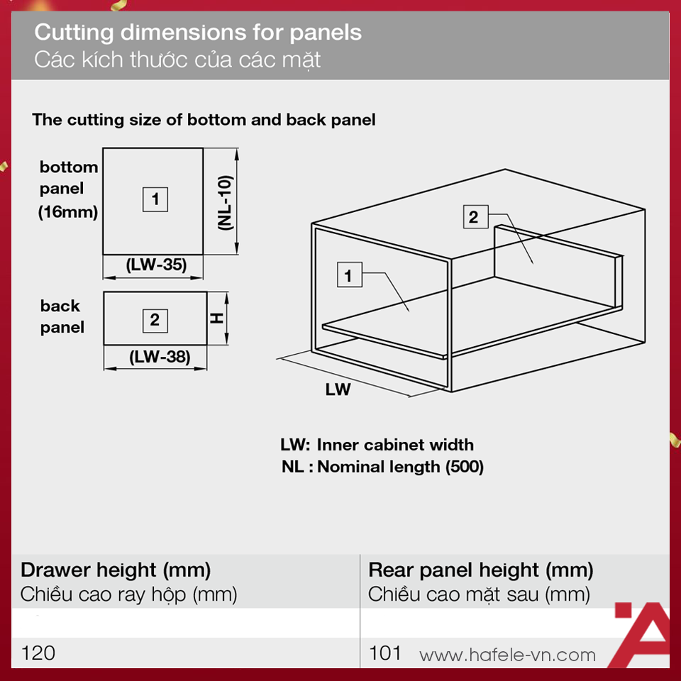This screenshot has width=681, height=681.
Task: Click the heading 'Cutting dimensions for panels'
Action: tap(198, 33)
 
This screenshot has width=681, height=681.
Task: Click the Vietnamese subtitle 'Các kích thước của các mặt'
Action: tap(177, 60)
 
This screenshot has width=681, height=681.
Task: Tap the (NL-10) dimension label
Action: tap(226, 202)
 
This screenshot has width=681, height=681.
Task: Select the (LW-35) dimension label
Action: tap(156, 264)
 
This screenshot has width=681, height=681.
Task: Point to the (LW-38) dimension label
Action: tap(160, 357)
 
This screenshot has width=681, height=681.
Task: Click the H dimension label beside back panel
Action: tap(216, 319)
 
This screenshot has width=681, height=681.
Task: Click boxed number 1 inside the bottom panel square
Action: tap(155, 199)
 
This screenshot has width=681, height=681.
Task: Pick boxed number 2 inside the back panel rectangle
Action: tap(155, 321)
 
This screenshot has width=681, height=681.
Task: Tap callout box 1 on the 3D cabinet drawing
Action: tap(349, 275)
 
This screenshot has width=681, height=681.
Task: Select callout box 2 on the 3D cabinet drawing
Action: tap(475, 217)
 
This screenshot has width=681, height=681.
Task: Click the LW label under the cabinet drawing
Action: tap(338, 389)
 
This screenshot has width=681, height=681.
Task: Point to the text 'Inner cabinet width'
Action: tap(395, 445)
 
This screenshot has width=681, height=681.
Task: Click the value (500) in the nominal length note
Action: tap(464, 467)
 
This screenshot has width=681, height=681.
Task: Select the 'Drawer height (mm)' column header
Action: tap(116, 570)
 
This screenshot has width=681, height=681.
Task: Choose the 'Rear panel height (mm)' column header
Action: tap(481, 570)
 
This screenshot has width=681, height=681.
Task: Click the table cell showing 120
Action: tap(38, 653)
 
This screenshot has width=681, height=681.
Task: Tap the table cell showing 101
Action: tap(384, 653)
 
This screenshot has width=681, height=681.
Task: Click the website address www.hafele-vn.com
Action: tap(507, 655)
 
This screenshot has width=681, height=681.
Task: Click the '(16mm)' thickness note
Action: tap(68, 212)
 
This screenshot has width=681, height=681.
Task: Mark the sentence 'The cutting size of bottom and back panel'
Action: tap(204, 119)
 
